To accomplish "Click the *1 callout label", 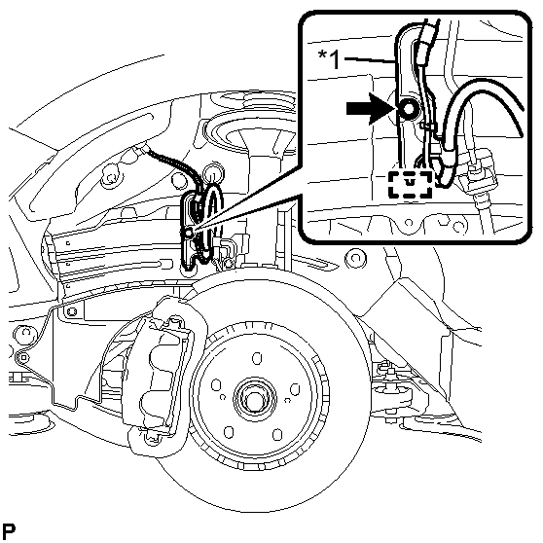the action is tap(329, 59).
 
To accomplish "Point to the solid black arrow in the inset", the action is tap(370, 109).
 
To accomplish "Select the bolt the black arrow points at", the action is tap(408, 109).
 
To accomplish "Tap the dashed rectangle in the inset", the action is tap(411, 185).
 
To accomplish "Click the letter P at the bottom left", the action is tap(9, 530).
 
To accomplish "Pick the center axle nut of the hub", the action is tap(255, 398).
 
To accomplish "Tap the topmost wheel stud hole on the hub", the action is tap(257, 358).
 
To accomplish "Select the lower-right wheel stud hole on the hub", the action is tap(277, 435).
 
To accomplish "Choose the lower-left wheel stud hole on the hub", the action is tap(229, 432).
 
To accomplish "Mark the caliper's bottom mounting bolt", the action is tap(152, 438).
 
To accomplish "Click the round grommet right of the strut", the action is tap(355, 258).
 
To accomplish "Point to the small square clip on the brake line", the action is tap(23, 357).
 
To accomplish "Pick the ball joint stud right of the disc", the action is tap(389, 373).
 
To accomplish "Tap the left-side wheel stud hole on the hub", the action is tap(216, 385).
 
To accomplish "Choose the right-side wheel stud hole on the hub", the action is tap(295, 389).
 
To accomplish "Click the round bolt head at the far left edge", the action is tap(25, 334).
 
